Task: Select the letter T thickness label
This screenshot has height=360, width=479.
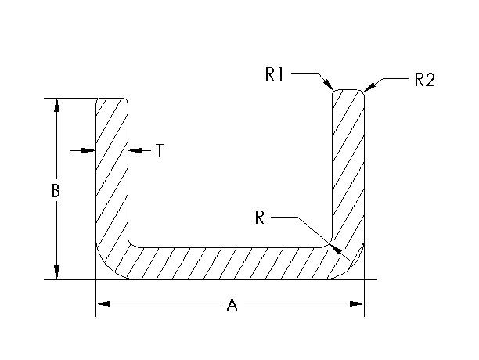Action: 159,151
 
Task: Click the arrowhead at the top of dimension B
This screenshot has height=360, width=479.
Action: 56,105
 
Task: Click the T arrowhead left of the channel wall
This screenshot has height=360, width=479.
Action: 88,151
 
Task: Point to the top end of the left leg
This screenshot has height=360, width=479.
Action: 111,99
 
